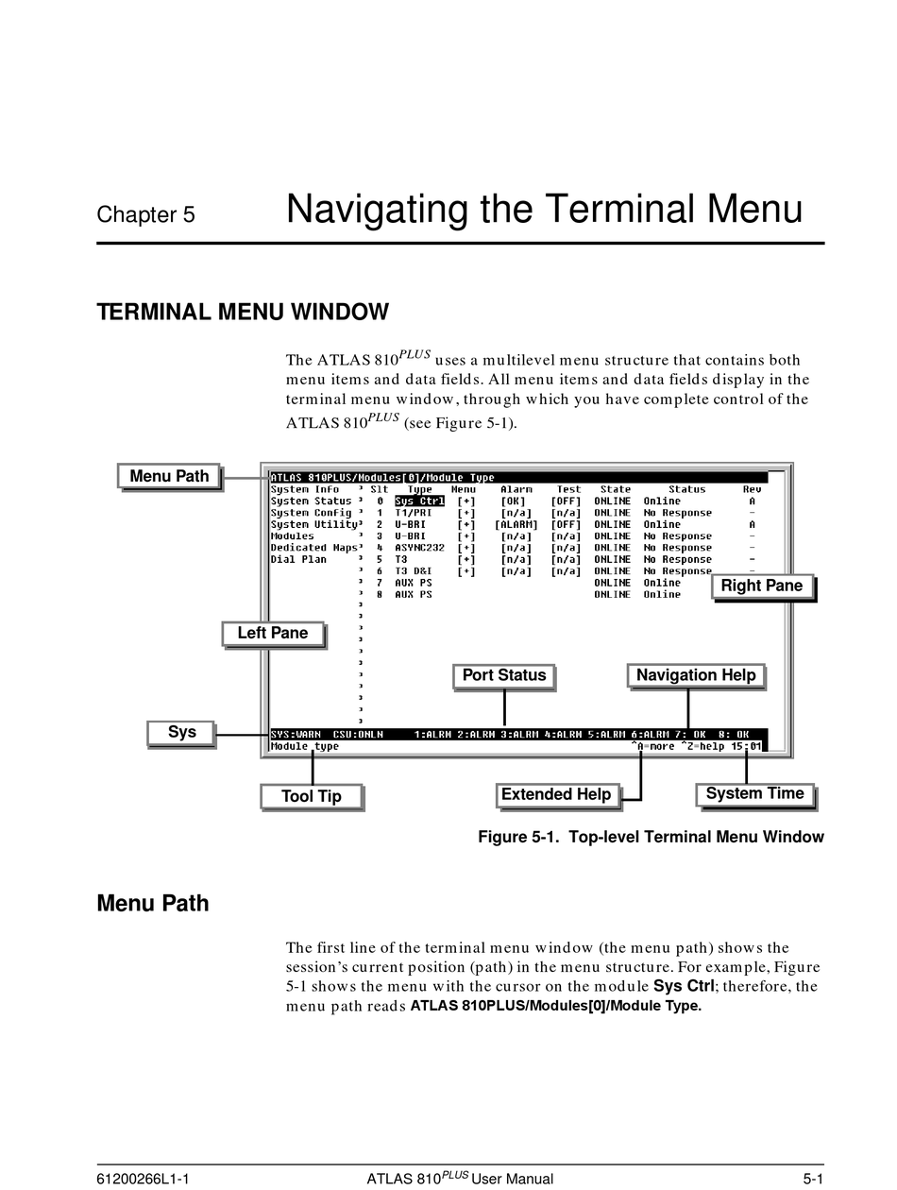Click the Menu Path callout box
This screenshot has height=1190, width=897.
169,476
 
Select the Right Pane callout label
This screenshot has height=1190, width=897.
761,586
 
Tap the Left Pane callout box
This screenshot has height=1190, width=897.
272,633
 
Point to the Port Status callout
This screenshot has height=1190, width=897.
503,675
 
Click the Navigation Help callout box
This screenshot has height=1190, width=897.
695,675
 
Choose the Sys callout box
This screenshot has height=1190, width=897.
181,732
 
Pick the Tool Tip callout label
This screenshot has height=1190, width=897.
311,796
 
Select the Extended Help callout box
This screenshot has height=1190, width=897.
556,794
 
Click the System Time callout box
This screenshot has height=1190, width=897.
754,793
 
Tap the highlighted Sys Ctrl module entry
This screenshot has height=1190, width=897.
419,501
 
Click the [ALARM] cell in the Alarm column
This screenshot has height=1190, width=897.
516,524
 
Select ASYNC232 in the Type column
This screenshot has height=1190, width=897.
419,548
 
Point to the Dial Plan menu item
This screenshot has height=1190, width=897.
298,559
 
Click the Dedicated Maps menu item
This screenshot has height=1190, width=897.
313,548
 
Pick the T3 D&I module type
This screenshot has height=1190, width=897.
413,571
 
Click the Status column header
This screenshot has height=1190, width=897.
686,489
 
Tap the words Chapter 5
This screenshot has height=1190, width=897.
145,214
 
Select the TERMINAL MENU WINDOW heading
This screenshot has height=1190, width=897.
243,312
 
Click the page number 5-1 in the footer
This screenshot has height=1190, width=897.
813,1179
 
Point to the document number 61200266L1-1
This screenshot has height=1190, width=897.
144,1179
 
